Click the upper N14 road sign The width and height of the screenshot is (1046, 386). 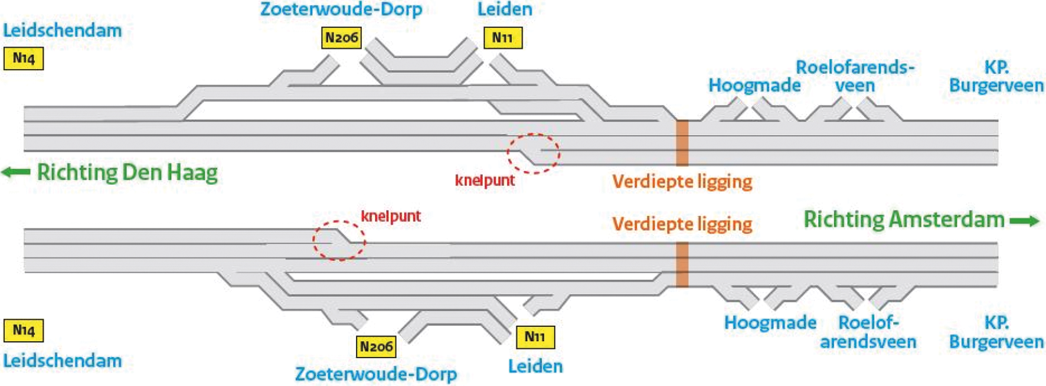(x=24, y=58)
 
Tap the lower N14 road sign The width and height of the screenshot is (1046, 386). (x=24, y=330)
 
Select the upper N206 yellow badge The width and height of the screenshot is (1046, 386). (x=341, y=38)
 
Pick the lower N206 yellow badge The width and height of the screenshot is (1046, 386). (x=376, y=346)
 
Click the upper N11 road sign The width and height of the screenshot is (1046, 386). (x=502, y=38)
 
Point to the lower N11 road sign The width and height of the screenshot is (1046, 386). (x=535, y=337)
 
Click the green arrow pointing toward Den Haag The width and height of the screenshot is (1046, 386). (x=16, y=172)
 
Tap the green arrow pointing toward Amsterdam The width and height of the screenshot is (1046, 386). (x=1024, y=221)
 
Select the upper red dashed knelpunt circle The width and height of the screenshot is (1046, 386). (x=533, y=153)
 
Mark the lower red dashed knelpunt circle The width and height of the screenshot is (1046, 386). (x=339, y=240)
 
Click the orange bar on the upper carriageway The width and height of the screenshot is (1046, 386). (x=682, y=143)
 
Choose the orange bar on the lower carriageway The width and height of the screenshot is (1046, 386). (x=682, y=264)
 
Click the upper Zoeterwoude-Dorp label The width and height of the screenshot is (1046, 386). (x=341, y=9)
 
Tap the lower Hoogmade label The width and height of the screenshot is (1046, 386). (x=770, y=322)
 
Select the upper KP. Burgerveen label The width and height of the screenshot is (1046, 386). (x=996, y=76)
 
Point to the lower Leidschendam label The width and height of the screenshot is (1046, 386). (x=63, y=361)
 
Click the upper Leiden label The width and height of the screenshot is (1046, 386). (x=505, y=9)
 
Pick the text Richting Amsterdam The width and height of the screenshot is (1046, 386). (x=904, y=220)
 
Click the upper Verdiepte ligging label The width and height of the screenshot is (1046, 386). (x=682, y=181)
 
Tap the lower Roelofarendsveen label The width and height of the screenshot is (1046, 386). (x=868, y=332)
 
